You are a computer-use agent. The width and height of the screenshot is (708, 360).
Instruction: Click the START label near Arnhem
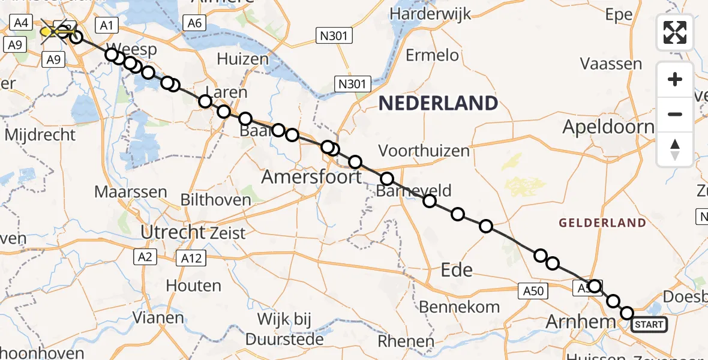[649, 325]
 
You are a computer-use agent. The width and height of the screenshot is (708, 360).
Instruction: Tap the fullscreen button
[675, 32]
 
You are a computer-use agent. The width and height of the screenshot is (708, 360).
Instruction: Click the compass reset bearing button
[675, 149]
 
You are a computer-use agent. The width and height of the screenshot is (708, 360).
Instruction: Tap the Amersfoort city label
[311, 177]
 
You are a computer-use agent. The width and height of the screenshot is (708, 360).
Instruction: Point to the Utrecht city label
[172, 231]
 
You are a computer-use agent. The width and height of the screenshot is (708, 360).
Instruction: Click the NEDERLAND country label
[438, 103]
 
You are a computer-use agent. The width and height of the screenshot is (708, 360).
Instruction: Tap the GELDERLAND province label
[602, 223]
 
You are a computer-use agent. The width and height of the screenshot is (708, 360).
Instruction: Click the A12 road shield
[191, 259]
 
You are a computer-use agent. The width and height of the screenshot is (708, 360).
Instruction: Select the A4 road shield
[21, 23]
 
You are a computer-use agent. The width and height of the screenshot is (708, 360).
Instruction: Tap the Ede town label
[456, 269]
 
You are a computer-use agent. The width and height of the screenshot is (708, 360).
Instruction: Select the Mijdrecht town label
[40, 134]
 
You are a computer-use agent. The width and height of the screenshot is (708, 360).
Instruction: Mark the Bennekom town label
[459, 307]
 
